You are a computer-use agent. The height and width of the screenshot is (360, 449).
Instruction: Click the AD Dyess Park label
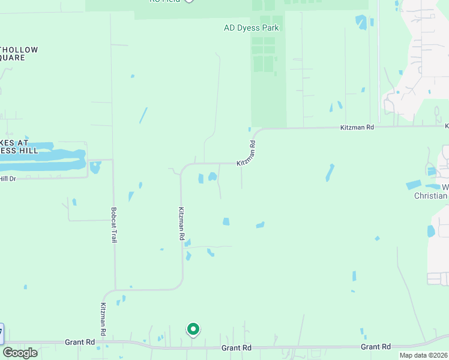pos(252,28)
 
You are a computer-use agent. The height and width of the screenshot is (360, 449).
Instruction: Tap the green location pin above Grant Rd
pos(193,329)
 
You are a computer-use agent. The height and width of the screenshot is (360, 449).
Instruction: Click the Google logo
pos(20,352)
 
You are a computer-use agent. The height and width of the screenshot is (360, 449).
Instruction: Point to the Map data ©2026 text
pos(423,355)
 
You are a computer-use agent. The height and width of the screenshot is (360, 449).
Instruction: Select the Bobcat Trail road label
pos(114,225)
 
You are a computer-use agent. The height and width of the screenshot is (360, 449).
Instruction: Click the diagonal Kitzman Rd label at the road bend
pos(247,154)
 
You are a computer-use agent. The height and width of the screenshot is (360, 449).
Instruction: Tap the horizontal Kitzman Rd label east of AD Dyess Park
pos(357,128)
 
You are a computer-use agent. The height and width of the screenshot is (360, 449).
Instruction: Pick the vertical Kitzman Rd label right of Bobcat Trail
pos(181,224)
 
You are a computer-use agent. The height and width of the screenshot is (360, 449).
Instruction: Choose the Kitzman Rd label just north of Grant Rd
pos(103,319)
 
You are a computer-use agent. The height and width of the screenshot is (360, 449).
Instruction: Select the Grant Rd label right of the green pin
pos(236,348)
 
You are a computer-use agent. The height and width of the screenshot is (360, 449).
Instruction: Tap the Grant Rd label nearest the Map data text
pos(376,347)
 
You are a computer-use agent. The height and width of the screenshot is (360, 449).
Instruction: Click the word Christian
pos(431,196)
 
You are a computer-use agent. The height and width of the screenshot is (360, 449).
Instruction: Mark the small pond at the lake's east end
pos(95,167)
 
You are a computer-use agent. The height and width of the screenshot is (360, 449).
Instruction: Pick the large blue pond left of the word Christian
pos(414,185)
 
